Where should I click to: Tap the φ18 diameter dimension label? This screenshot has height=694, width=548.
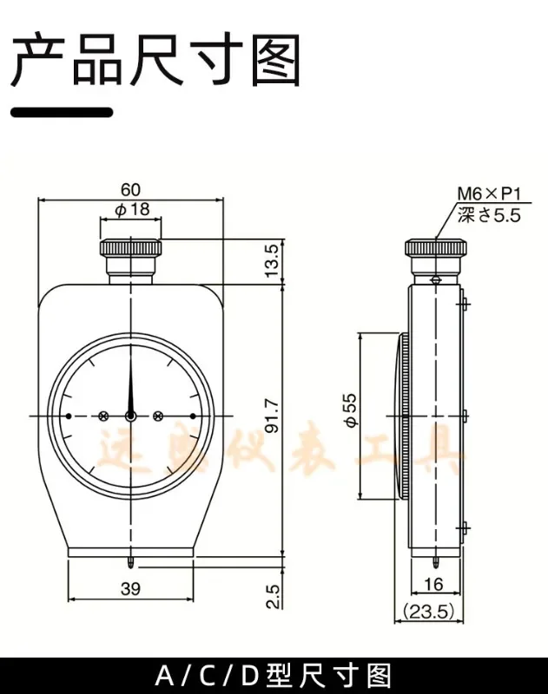click(131, 209)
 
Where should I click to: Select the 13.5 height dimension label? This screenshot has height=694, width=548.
click(271, 260)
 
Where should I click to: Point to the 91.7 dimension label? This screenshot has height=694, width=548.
click(271, 416)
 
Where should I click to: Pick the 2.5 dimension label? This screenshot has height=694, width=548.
click(271, 596)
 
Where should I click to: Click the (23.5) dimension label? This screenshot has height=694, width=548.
click(432, 611)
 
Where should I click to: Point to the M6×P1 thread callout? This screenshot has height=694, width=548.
click(488, 195)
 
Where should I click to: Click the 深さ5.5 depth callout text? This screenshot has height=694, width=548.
click(488, 215)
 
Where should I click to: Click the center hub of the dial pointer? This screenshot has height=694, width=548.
click(130, 416)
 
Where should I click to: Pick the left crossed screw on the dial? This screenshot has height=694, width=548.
click(103, 416)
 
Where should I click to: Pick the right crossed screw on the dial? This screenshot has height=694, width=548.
click(158, 416)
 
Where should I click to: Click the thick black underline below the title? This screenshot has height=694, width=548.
click(62, 112)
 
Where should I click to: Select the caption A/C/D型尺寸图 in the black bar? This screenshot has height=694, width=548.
click(274, 675)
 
